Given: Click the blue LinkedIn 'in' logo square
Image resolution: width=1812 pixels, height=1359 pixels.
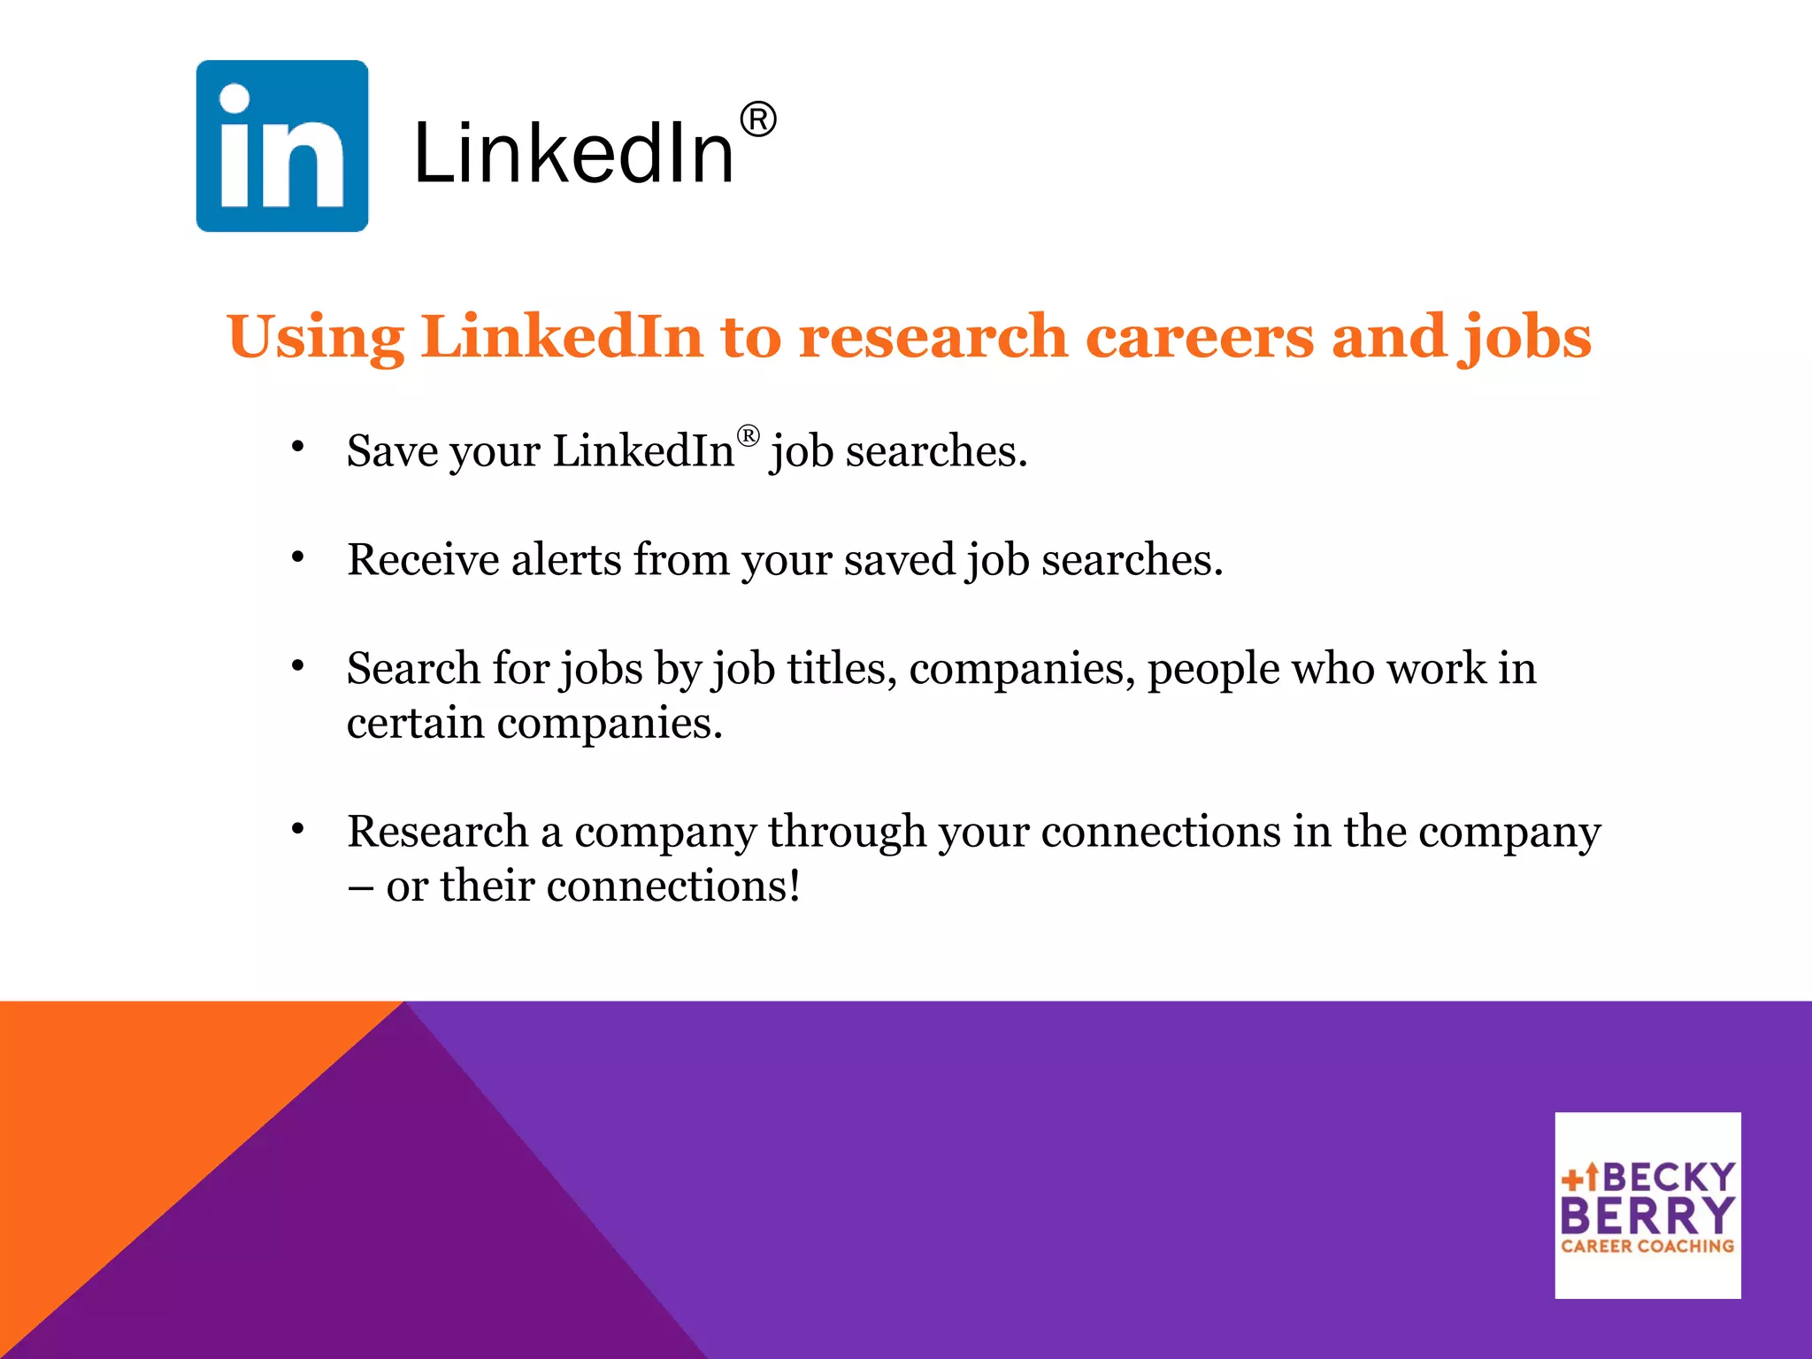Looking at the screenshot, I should pos(281,146).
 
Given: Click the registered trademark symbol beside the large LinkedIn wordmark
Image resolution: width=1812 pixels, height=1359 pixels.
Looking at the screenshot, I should pos(757,119).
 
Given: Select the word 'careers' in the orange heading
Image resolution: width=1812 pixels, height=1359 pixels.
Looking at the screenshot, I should pos(1199,337).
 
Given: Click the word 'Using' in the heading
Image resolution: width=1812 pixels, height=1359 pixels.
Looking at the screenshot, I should pos(315,339).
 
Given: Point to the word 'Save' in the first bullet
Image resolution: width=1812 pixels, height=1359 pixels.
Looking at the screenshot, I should pos(392,451).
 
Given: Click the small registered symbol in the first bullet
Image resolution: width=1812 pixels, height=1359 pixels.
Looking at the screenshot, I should pos(748,435).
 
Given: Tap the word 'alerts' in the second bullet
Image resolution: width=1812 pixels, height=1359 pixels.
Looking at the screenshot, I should pos(566,560).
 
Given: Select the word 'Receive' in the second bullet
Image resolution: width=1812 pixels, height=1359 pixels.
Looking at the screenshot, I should pos(423,560).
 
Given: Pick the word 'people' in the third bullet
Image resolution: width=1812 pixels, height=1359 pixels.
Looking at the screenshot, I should pos(1213,670).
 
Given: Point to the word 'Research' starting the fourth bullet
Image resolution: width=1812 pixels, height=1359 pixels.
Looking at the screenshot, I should pos(437,832).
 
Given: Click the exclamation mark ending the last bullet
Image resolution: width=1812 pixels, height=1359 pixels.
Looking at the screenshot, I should pos(795,885).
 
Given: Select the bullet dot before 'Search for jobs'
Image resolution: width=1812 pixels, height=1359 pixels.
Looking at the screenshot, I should pos(298,665).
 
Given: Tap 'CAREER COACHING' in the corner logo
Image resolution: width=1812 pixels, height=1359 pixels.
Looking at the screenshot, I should pos(1647,1246).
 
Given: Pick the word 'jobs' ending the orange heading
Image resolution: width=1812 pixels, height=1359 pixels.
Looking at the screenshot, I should pos(1527,339).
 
